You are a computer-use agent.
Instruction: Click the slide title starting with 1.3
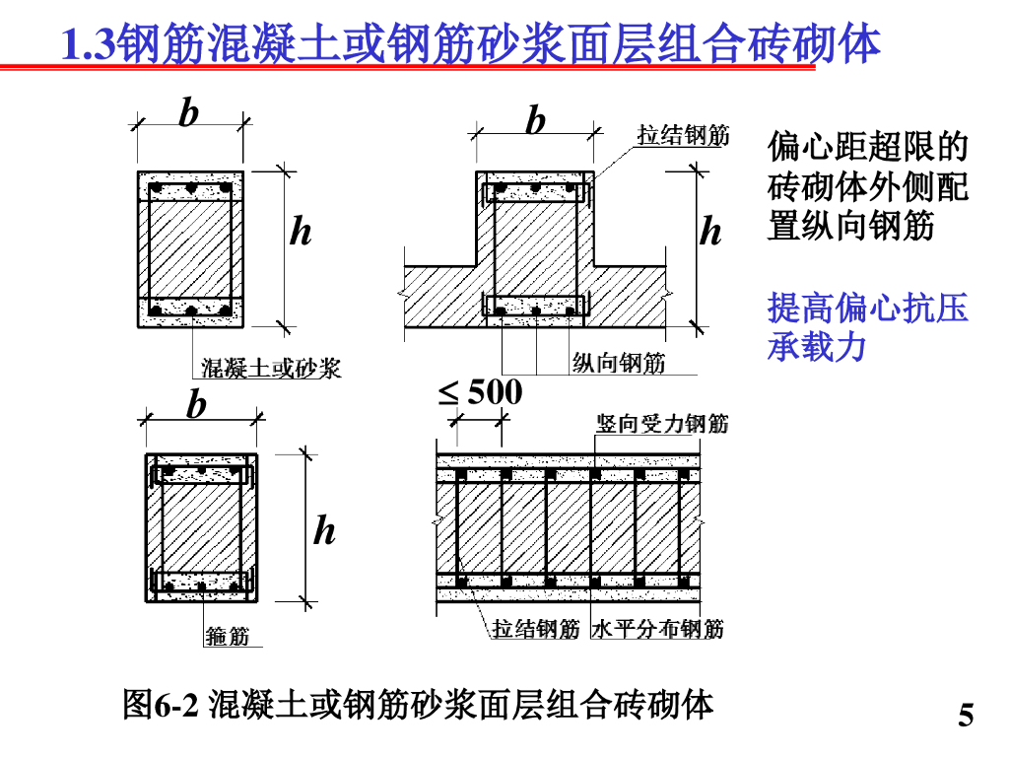click(x=471, y=43)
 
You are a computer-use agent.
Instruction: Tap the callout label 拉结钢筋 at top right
click(x=683, y=135)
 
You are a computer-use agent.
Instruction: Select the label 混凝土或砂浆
click(x=271, y=369)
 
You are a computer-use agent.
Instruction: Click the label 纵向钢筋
click(x=619, y=363)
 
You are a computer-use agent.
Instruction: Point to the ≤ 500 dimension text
click(x=481, y=393)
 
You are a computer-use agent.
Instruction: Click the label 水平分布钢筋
click(x=658, y=628)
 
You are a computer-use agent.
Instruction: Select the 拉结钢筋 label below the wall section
click(x=536, y=628)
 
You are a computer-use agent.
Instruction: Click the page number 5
click(x=966, y=716)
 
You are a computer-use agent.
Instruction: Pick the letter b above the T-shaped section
click(x=535, y=121)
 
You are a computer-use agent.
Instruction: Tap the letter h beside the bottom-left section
click(x=324, y=532)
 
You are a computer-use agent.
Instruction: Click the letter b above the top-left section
click(x=188, y=114)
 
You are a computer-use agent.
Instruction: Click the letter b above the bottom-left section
click(x=198, y=405)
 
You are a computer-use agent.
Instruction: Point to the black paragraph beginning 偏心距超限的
click(x=867, y=187)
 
